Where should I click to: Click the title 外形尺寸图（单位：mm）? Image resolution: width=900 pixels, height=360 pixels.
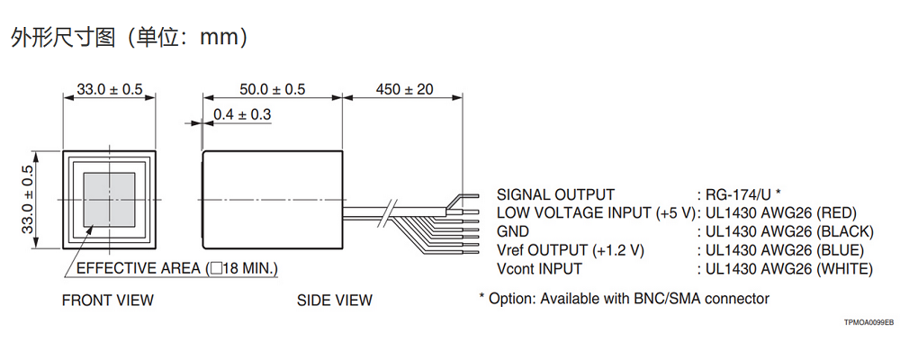[x=129, y=37]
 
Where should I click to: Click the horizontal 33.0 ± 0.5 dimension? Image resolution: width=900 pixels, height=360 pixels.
[x=109, y=89]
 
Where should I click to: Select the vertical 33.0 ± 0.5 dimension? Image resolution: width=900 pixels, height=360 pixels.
[x=28, y=200]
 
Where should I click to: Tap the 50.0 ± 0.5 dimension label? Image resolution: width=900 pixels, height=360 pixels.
[x=273, y=89]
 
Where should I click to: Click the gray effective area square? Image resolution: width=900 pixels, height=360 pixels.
[x=109, y=200]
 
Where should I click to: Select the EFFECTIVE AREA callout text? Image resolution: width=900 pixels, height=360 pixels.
[x=176, y=268]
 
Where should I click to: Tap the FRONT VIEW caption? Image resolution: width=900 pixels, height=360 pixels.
[x=107, y=300]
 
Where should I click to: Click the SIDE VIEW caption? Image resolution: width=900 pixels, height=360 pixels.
[x=334, y=300]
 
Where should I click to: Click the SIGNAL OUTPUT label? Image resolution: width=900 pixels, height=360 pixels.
[x=555, y=194]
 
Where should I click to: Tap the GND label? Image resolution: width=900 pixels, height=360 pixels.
[x=513, y=231]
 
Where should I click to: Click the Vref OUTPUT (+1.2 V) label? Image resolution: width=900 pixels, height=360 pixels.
[x=571, y=249]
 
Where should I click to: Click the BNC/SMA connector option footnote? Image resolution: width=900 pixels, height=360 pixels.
[x=624, y=298]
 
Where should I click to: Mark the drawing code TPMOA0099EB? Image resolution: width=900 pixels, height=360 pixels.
[x=868, y=321]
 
